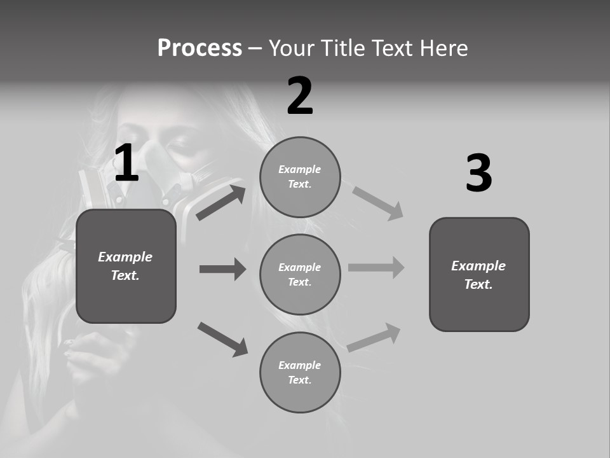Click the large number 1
pos(126,163)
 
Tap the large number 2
pos(300,97)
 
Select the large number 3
pos(479,174)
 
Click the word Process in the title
pos(200,48)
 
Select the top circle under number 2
pos(300,177)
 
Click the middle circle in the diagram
pos(300,274)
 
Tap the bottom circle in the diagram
pos(300,372)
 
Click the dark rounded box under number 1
pos(126,266)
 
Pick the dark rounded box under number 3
pos(479,274)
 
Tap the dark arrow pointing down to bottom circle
pos(222,339)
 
